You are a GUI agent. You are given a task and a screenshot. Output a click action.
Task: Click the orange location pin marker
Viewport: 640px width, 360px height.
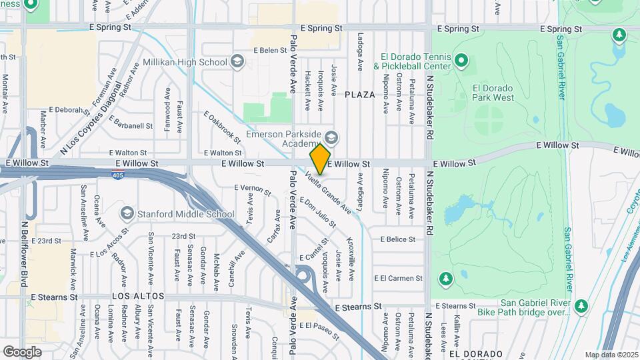click(320, 159)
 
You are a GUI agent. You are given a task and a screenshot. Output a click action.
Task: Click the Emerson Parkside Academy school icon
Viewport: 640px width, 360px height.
click(331, 138)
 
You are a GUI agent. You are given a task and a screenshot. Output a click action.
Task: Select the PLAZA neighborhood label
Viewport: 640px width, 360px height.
click(360, 95)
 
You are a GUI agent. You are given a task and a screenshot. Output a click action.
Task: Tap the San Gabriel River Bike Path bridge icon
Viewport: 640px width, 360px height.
click(582, 305)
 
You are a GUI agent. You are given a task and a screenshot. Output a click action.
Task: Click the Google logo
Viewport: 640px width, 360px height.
click(22, 351)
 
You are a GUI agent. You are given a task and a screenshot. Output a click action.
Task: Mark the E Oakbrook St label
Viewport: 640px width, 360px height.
click(221, 126)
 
